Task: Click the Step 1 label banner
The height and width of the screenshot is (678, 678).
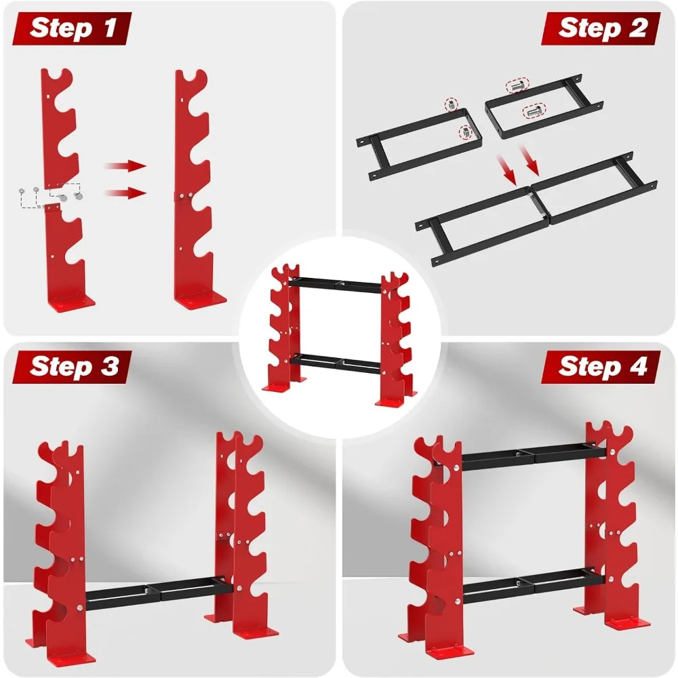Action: point(73,28)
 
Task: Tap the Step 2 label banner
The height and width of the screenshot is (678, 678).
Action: point(601,28)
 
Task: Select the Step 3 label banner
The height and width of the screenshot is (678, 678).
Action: point(73,367)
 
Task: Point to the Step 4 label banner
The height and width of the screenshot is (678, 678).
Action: point(601,367)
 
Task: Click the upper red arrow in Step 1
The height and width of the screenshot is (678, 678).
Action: point(125,166)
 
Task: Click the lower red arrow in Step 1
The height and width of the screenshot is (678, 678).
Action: point(125,193)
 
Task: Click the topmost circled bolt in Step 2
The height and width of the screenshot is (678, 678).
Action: point(517,85)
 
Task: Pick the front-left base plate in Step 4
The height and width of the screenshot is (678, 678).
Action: point(450,651)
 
